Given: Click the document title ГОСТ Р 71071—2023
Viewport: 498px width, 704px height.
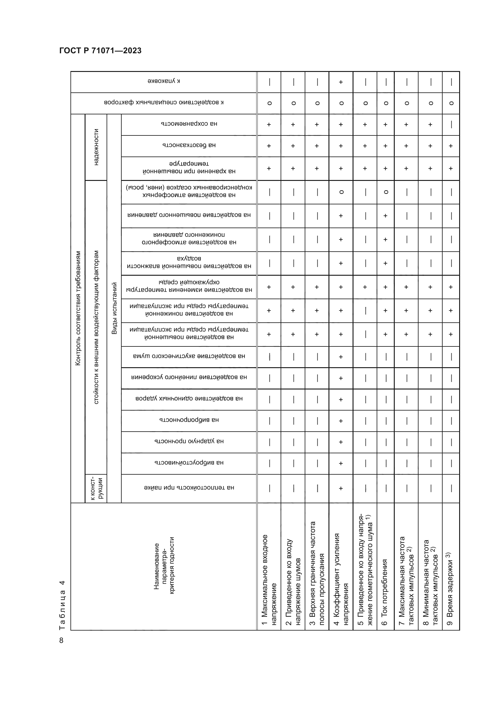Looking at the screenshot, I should coord(100,51).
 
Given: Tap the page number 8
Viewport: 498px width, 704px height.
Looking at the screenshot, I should coord(61,640).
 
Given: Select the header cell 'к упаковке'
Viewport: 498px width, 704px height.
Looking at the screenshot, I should coord(163,81).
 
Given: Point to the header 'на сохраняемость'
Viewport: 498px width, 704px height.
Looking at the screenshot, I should coord(189,124).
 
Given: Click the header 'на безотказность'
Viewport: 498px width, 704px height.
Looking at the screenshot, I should coord(189,145).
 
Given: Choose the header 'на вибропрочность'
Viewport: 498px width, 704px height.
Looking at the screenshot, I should coord(189,420).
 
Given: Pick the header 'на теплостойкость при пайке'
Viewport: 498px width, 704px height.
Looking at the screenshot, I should coord(189,488).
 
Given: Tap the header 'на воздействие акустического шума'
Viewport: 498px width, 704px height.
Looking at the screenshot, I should coord(189,356).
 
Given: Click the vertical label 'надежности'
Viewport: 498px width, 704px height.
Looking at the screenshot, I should coord(96,147).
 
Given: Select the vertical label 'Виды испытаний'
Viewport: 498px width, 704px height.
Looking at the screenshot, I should coord(114,308).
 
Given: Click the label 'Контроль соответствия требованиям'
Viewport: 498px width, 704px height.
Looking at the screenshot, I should coord(78,308).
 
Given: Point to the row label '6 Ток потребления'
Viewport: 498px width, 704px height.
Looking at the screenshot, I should coord(384,592).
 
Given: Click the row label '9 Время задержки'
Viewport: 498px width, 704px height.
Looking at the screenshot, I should coord(449,589).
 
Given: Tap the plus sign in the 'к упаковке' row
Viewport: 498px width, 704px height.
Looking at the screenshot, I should coord(341,82).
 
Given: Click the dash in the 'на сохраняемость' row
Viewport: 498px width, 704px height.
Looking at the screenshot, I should coord(451,125).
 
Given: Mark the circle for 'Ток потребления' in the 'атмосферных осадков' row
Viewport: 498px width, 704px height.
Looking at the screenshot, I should coord(386,192).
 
